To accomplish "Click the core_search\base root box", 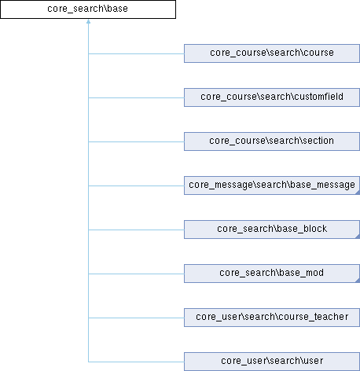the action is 88,9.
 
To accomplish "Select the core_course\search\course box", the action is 272,53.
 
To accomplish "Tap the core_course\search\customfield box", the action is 272,97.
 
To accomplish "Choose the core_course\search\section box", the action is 272,141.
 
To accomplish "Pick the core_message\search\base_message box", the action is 272,185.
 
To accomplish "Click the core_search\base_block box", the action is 272,230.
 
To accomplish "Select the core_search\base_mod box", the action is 272,274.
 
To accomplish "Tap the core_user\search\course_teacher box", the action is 272,318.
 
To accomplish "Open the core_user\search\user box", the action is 272,362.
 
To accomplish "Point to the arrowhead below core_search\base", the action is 88,21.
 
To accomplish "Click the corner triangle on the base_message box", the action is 358,193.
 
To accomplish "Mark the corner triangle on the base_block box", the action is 358,237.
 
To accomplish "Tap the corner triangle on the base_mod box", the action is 358,281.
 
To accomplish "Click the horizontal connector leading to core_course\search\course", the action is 136,54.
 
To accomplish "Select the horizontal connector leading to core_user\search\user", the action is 136,362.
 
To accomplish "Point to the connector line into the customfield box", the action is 136,98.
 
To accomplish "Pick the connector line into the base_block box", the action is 136,230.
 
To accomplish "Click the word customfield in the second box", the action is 318,97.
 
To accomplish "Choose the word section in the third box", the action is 318,141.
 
